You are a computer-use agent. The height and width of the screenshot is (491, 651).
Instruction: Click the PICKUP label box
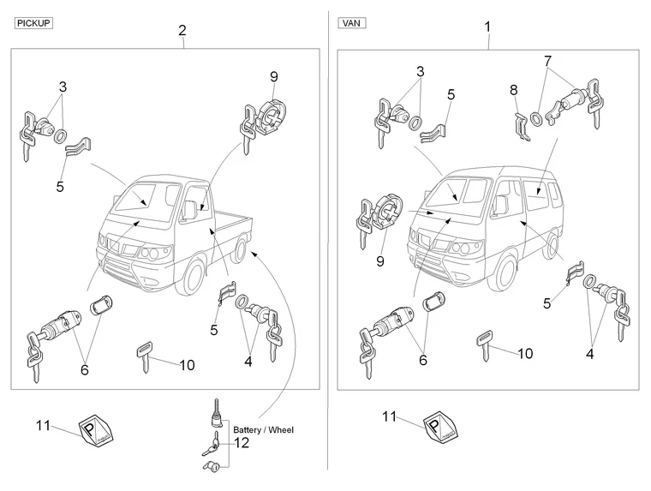pos(34,24)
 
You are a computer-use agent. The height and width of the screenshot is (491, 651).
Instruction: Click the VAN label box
pos(352,24)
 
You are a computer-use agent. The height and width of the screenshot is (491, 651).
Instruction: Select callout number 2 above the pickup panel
pos(182,31)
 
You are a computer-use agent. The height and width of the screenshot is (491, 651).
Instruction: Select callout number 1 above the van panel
pos(487,27)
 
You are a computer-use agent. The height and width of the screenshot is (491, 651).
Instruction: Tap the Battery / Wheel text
pos(263,429)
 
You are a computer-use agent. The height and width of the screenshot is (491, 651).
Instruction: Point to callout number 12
pos(242,443)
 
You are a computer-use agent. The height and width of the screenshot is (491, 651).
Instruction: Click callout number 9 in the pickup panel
pos(273,76)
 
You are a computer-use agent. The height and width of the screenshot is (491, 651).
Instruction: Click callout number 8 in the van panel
pos(514,89)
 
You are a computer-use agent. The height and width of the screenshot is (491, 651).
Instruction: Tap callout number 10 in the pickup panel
pos(187,365)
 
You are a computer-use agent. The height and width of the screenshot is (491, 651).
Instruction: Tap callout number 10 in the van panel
pos(524,353)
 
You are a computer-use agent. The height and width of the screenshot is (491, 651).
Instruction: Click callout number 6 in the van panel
pos(421,361)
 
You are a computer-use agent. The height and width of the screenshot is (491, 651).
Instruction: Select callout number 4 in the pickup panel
pos(248,362)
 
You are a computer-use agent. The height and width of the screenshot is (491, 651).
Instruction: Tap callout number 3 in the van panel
pos(421,72)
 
